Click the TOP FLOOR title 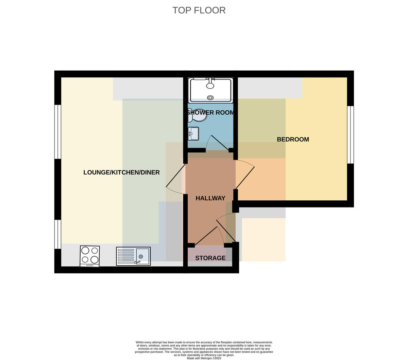[x=199, y=10]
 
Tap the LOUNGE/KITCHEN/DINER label [x=121, y=172]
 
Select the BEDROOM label [x=293, y=139]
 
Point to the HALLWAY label [x=210, y=198]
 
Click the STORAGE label [x=210, y=258]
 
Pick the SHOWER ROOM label [x=211, y=112]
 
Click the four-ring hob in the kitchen [x=90, y=256]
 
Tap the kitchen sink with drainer [x=133, y=256]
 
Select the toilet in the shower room [x=197, y=115]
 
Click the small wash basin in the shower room [x=193, y=133]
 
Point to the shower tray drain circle [x=210, y=98]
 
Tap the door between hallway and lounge [x=175, y=179]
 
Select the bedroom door [x=245, y=175]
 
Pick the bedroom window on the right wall [x=351, y=135]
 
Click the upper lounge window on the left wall [x=58, y=132]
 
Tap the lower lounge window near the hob [x=58, y=234]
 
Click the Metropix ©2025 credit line [x=204, y=358]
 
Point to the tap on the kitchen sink [x=137, y=262]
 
